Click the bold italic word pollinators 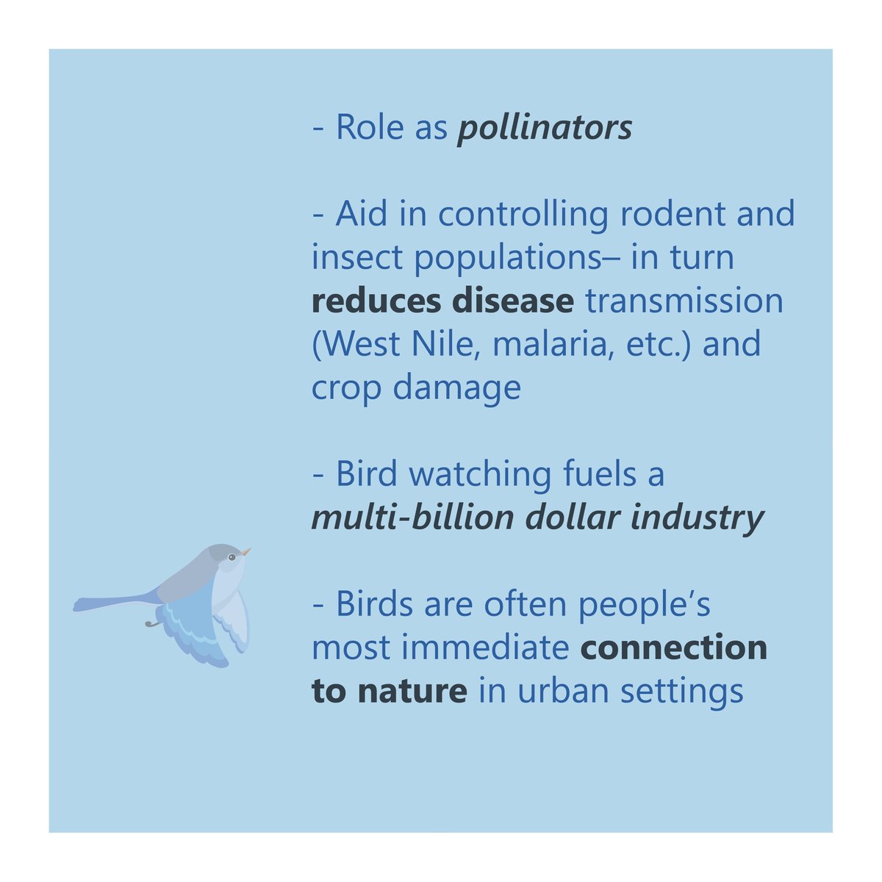(x=545, y=128)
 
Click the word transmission (x=684, y=301)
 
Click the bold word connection (x=674, y=648)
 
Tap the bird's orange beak (x=246, y=551)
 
